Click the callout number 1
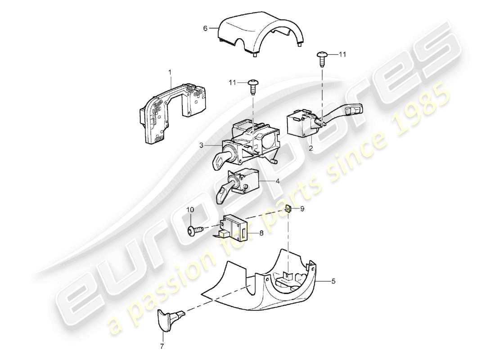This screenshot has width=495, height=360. pyautogui.click(x=170, y=72)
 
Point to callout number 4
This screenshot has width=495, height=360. pyautogui.click(x=278, y=182)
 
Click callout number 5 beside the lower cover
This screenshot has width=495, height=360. pyautogui.click(x=333, y=282)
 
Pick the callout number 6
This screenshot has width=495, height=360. pyautogui.click(x=205, y=28)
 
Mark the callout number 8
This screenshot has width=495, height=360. pyautogui.click(x=261, y=233)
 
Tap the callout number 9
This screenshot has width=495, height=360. pyautogui.click(x=302, y=209)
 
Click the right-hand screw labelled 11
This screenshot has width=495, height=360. pyautogui.click(x=322, y=56)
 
